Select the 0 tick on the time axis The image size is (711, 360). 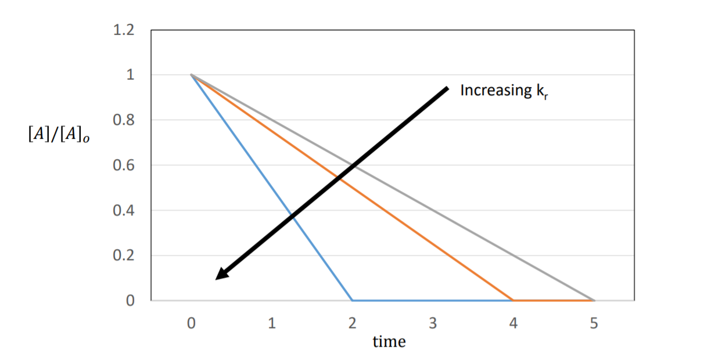tap(191, 324)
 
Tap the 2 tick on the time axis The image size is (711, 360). tap(352, 324)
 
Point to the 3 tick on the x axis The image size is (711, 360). tap(433, 324)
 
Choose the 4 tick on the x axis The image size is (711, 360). tap(513, 324)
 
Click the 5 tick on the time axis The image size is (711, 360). tap(593, 324)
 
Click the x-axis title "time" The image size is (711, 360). tap(389, 342)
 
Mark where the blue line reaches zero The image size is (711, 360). tap(352, 301)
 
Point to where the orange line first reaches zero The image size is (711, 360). tap(513, 301)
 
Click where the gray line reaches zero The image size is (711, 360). tap(593, 301)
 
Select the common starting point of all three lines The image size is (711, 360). tap(191, 75)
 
